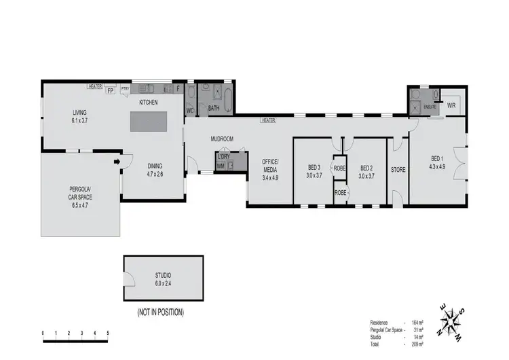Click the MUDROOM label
point(222,139)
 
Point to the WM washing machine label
point(221,165)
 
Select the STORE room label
point(398,169)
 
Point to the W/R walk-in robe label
point(451,105)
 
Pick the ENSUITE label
point(430,107)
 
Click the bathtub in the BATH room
point(227,95)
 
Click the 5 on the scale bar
point(107,333)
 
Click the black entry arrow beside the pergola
point(117,162)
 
